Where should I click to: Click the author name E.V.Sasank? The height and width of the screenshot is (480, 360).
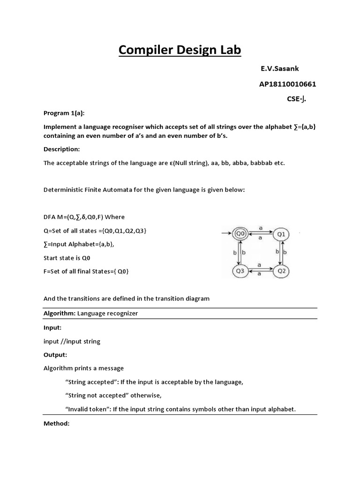279,68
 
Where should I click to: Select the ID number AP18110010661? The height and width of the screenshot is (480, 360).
287,84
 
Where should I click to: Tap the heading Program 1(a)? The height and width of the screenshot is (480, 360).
64,113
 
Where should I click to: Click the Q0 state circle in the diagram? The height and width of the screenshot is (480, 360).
240,233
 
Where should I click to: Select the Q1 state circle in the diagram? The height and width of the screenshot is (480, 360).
281,233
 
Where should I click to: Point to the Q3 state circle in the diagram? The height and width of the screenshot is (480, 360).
240,270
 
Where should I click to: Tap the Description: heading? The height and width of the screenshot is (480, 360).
62,149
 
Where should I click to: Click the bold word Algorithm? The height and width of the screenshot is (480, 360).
60,313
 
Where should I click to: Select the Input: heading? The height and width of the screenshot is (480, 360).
52,327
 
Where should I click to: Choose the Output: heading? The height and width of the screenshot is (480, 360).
55,354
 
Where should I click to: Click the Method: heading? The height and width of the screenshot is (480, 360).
56,423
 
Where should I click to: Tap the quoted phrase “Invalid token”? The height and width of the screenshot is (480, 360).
88,409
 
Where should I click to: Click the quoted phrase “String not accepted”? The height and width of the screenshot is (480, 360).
98,395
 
